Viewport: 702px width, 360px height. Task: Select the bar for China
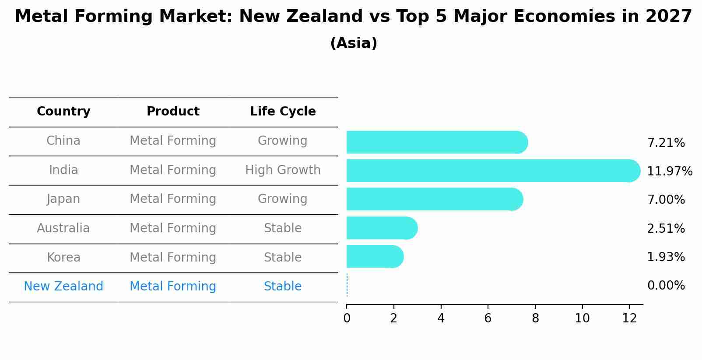436,142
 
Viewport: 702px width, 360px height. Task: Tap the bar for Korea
374,256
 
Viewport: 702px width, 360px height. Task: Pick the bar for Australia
381,228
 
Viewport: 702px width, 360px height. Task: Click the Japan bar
434,199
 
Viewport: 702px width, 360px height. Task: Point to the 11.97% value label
669,171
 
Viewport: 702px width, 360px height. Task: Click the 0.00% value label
666,286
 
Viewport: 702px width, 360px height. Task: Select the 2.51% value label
666,228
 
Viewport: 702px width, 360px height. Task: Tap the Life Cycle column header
283,112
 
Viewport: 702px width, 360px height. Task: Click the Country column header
63,112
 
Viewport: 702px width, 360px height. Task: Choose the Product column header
173,112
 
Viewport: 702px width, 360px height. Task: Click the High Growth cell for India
283,170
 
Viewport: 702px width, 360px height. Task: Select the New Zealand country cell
63,287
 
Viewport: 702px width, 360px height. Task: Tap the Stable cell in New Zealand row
283,287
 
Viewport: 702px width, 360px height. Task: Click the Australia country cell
63,228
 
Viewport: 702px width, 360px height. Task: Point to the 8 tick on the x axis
535,318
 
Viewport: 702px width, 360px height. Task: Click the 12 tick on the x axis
629,318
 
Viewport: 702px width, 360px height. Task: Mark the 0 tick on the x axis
347,318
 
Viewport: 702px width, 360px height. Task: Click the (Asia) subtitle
354,43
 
